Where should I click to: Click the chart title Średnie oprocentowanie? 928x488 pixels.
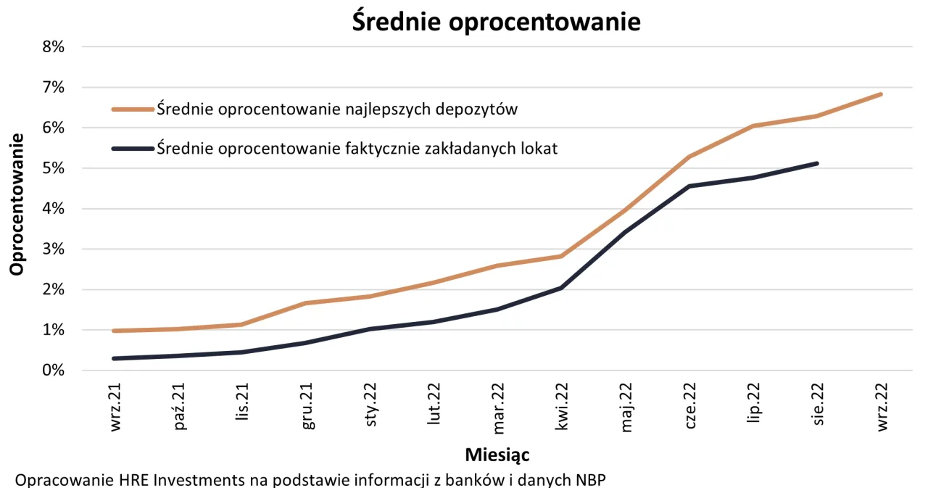coord(496,21)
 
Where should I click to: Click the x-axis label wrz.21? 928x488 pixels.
coord(115,408)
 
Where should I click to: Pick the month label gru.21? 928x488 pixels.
coord(307,408)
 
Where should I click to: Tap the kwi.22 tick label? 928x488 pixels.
coord(560,408)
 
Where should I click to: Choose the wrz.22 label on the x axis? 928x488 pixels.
coord(882,408)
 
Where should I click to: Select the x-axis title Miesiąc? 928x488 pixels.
coord(497,455)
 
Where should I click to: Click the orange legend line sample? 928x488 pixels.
coord(133,109)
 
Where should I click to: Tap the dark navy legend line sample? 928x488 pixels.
coord(133,149)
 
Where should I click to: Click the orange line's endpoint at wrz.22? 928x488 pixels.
coord(880,94)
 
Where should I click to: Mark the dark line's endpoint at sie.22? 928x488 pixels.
coord(817,163)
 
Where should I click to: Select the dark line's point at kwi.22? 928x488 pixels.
coord(562,288)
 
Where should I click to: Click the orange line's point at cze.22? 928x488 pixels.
coord(689,156)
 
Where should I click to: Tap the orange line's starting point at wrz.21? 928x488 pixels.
coord(115,331)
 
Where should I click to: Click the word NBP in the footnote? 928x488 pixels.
coord(589,480)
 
